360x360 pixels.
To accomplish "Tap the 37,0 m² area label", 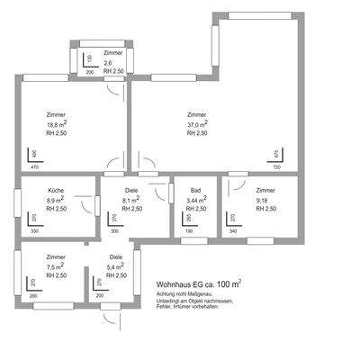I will coord(198,124).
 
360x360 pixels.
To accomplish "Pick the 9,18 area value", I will coord(262,200).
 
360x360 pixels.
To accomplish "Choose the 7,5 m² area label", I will coord(55,267).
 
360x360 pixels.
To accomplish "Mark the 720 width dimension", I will coord(277,168).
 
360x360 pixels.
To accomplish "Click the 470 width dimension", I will coord(35,168).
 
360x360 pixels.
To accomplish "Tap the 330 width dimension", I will coord(35,232).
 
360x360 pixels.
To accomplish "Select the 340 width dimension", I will coord(234,232).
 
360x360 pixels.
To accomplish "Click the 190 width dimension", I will coord(189,232).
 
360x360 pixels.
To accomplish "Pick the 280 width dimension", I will coord(33,295).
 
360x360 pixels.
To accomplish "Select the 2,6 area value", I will coord(108,62).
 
